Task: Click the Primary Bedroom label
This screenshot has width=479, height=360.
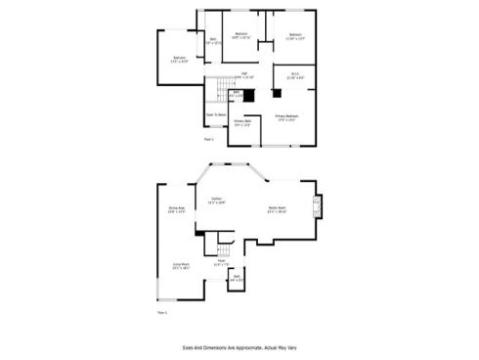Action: coord(286,118)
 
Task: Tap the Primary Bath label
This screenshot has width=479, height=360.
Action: coord(242,123)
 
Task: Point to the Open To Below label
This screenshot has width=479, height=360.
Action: coord(216,114)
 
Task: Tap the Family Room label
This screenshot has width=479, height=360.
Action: coord(278,208)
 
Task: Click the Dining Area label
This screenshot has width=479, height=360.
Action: coord(177,209)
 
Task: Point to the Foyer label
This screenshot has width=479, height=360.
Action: coord(222,262)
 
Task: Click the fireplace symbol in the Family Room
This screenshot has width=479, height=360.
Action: coord(315,205)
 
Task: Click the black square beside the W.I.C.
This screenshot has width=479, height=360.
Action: coord(276,94)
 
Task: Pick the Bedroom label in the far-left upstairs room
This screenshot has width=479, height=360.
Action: coord(180,60)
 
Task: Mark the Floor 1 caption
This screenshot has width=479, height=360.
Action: coord(162,312)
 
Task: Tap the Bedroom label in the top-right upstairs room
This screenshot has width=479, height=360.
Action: coord(295,36)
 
